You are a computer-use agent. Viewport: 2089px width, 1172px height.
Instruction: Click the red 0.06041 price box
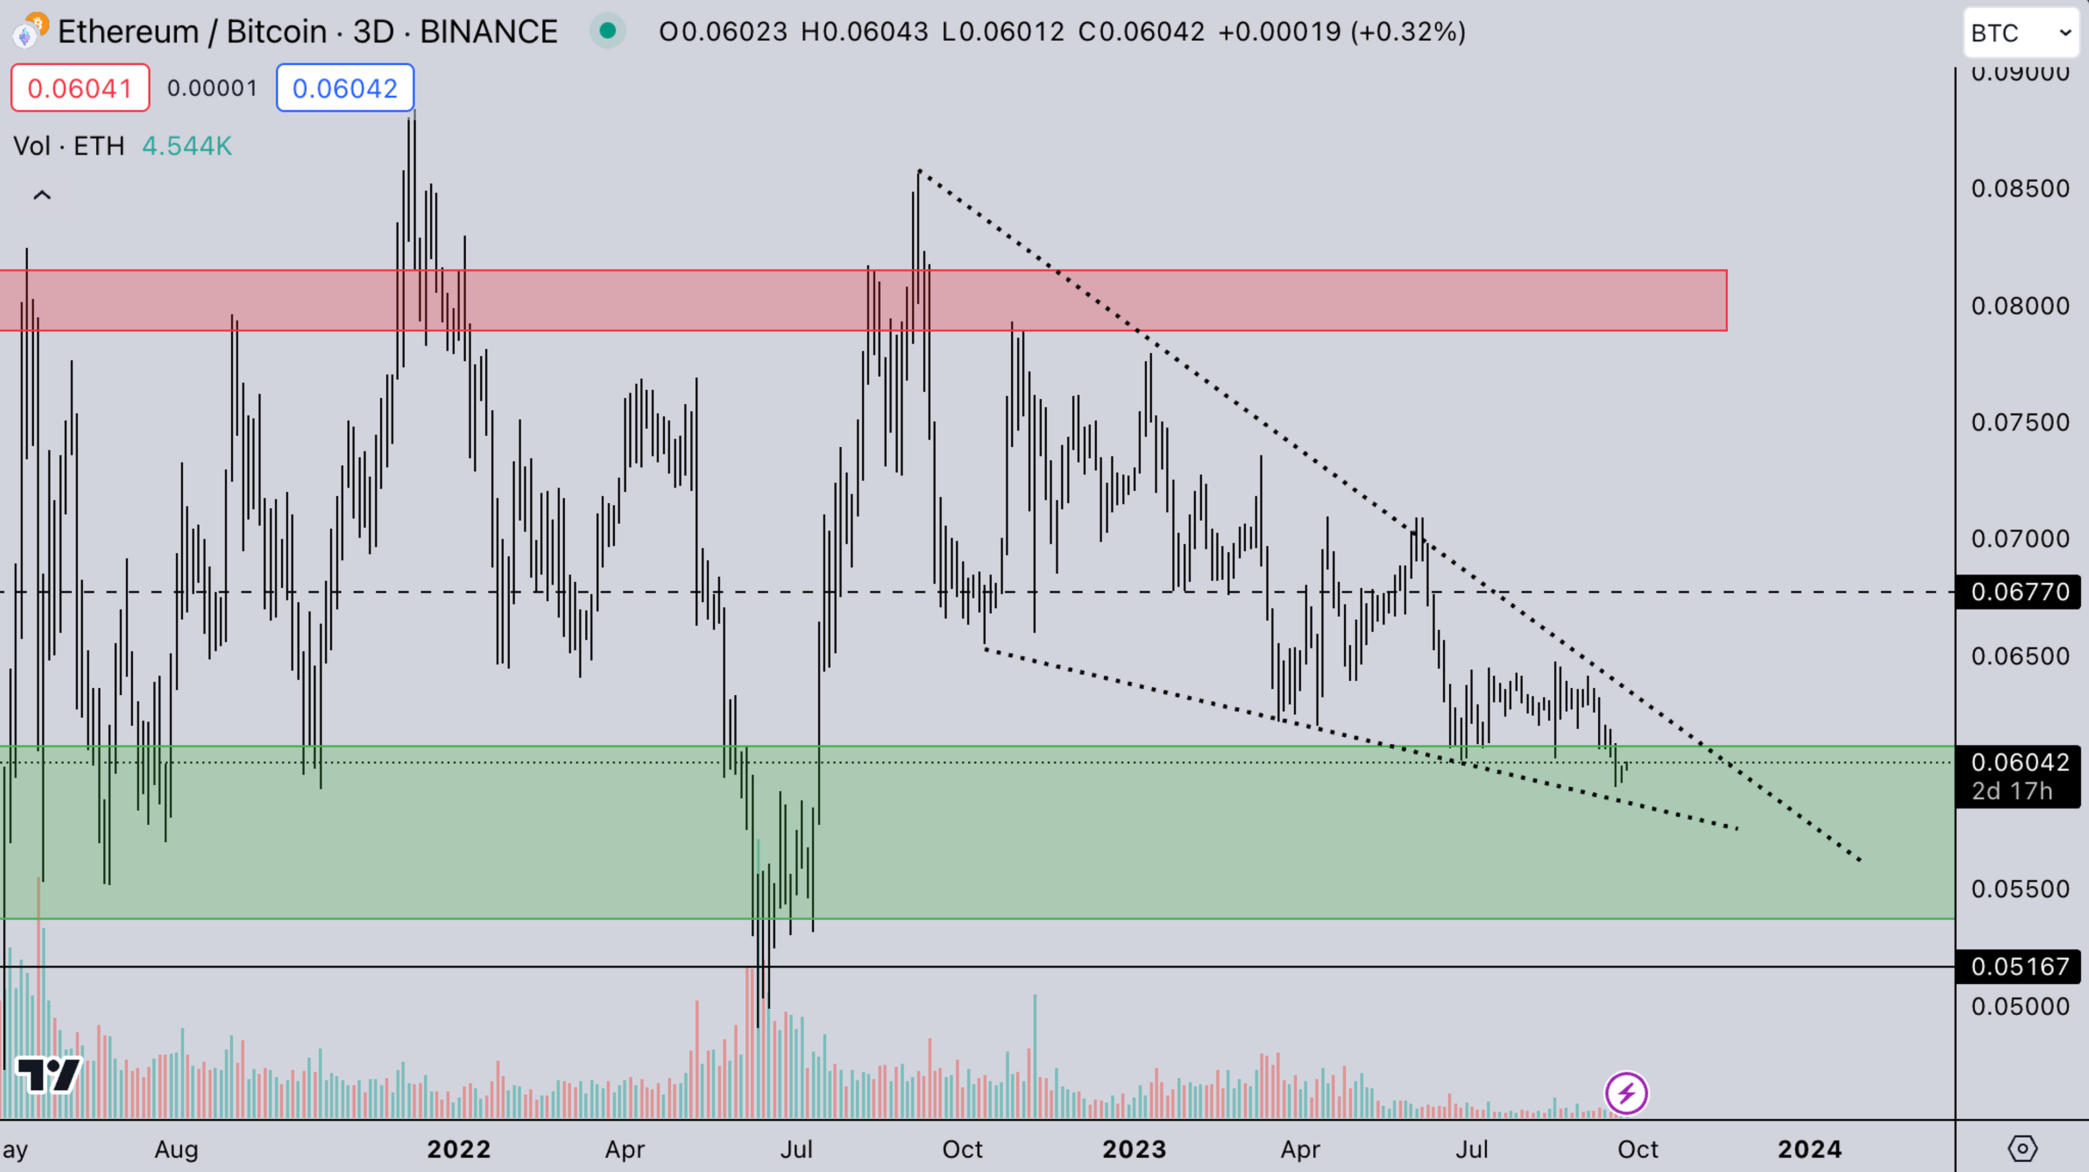pos(79,88)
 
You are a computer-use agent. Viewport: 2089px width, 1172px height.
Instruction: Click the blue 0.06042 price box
pos(345,88)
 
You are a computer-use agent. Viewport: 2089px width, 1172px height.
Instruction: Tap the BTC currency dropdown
pos(2020,33)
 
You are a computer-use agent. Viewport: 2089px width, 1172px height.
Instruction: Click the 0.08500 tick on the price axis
pos(2019,189)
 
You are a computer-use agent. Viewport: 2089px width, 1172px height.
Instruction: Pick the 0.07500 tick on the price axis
pos(2019,423)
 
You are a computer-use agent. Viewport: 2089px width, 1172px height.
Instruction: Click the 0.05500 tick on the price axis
pos(2019,889)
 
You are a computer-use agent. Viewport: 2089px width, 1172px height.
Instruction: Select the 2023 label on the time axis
pos(1134,1149)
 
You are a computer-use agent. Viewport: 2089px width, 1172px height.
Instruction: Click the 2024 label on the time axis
pos(1809,1149)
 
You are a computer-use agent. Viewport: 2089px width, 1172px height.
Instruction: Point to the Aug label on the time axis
pos(176,1149)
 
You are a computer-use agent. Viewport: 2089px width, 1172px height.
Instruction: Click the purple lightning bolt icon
pos(1626,1093)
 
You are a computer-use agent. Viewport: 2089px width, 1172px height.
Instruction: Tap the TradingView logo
pos(48,1076)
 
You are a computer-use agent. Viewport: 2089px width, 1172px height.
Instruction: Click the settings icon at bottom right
pos(2022,1149)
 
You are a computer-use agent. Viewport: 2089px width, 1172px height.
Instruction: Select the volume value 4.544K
pos(187,146)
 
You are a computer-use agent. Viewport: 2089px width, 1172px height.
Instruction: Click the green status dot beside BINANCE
pos(608,31)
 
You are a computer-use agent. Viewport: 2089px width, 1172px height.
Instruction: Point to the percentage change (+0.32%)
pos(1408,32)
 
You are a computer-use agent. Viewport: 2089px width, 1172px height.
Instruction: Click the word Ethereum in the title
pos(128,32)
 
